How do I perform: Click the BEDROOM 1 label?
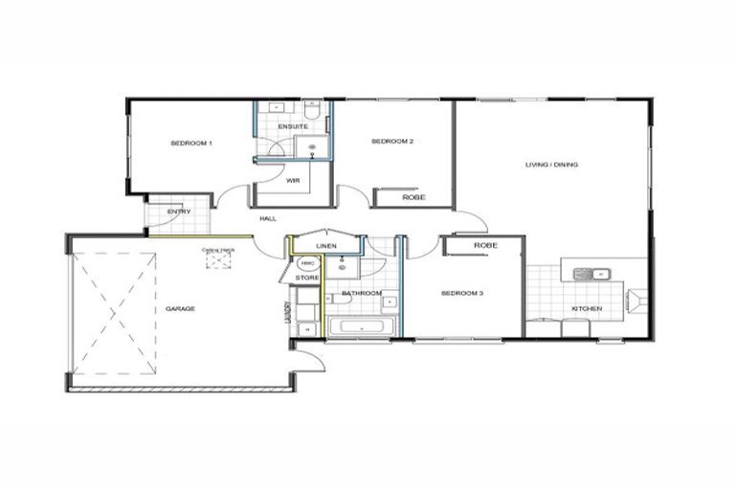(190, 143)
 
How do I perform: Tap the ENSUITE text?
(292, 126)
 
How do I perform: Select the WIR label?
(292, 180)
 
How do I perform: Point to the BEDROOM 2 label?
(392, 142)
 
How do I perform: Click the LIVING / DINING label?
(551, 165)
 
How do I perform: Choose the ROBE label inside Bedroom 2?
(413, 198)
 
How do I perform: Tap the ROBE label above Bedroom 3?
(485, 246)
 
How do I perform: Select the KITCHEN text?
(586, 309)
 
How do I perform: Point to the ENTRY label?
(179, 212)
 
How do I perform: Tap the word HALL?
(268, 219)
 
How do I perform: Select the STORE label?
(307, 278)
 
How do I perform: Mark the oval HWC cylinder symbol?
(307, 263)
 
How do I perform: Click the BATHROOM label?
(363, 293)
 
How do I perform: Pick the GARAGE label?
(180, 309)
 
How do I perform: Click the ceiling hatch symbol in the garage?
(217, 259)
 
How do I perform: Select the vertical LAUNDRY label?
(288, 315)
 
